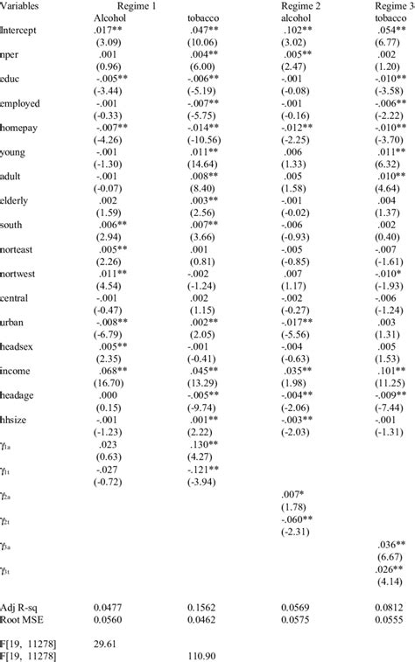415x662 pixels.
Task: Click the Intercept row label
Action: pyautogui.click(x=20, y=29)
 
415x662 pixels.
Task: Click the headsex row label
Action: pyautogui.click(x=20, y=345)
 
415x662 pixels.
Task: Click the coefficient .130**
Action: pyautogui.click(x=206, y=442)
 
